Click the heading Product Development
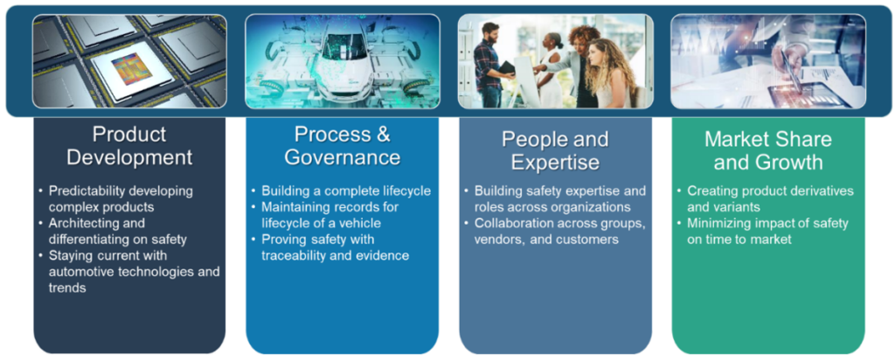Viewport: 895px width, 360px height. (x=129, y=145)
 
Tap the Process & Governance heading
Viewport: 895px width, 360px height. (x=343, y=145)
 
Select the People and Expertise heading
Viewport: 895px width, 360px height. (x=555, y=150)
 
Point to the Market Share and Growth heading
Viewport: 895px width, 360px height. (x=768, y=150)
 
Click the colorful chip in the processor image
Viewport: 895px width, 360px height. (x=131, y=69)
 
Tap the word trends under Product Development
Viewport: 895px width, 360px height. (x=67, y=288)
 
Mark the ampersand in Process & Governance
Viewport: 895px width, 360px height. (x=383, y=135)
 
